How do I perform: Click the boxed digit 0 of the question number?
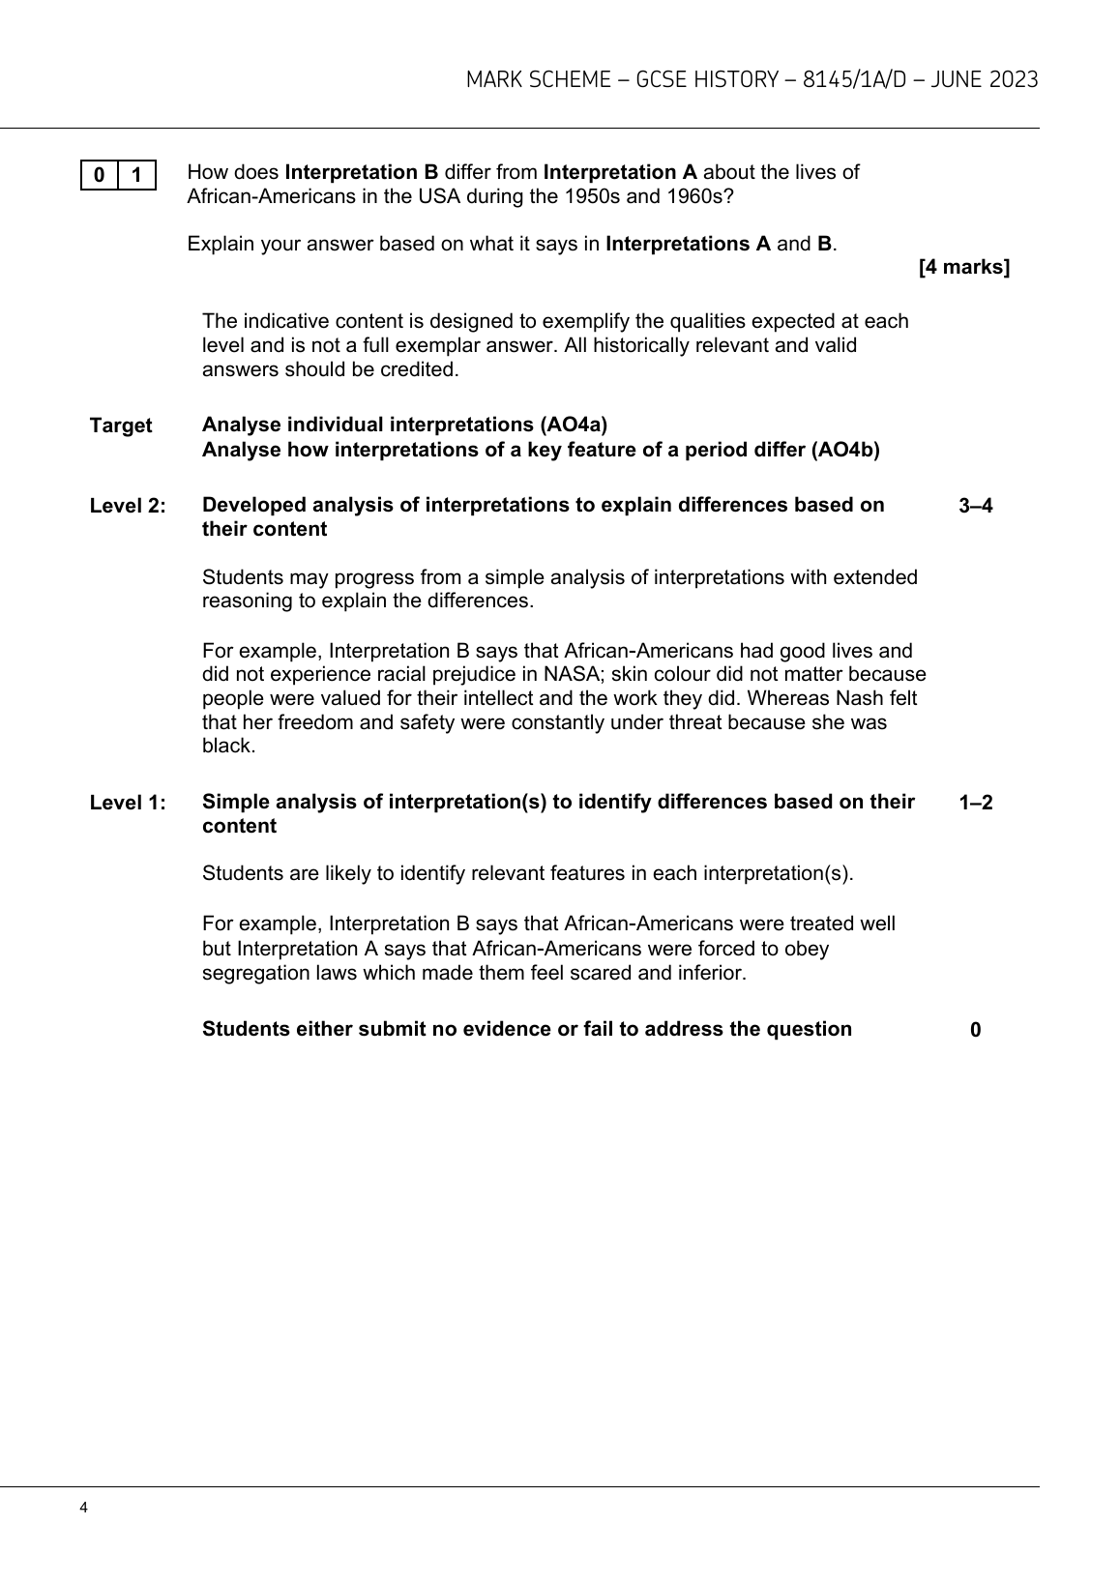100,175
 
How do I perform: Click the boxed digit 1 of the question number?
137,175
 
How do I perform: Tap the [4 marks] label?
963,268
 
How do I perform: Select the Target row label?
121,425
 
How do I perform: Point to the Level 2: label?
128,506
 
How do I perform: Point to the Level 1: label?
128,803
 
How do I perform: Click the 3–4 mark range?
975,506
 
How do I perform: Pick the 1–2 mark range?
975,803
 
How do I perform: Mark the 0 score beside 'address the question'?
975,1030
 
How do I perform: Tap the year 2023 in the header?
1014,80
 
